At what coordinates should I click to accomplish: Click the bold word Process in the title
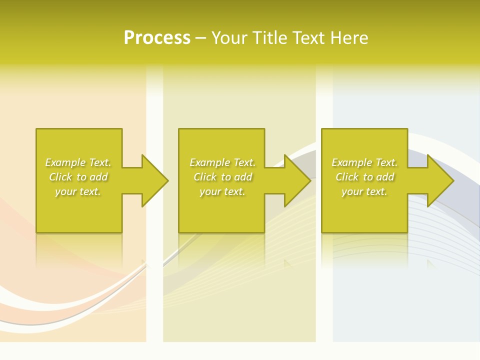click(157, 38)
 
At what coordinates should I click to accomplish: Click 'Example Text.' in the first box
click(78, 162)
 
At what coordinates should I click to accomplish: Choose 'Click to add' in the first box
click(78, 177)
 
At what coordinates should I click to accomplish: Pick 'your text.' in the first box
click(78, 191)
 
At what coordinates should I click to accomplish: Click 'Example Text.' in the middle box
click(222, 162)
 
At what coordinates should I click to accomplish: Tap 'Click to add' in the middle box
click(222, 177)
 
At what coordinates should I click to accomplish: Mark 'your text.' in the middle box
click(222, 191)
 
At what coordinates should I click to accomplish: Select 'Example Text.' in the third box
click(364, 162)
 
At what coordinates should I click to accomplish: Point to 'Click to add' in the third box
click(364, 177)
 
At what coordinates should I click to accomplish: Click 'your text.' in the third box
click(364, 191)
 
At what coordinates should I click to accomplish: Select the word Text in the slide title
click(309, 38)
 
